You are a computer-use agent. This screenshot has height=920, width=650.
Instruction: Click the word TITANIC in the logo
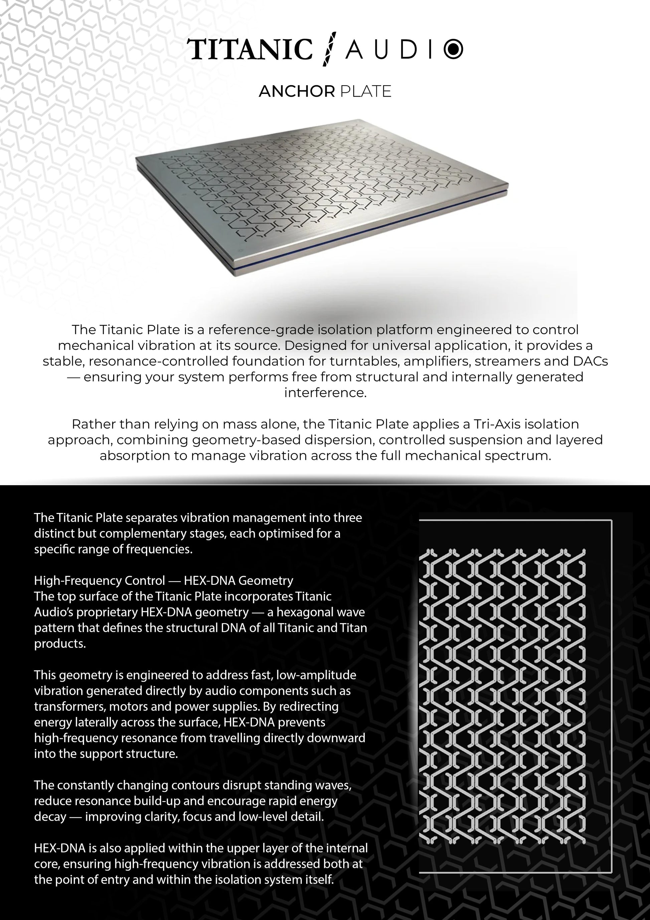[x=250, y=50]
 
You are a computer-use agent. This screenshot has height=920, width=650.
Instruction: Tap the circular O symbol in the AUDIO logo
[x=453, y=49]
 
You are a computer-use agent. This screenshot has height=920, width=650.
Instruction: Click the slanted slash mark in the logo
[x=329, y=49]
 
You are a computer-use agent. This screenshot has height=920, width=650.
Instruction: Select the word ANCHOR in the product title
[x=296, y=92]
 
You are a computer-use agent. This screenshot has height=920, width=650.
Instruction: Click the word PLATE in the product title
[x=365, y=92]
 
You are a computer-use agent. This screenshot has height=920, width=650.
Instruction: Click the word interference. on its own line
[x=325, y=393]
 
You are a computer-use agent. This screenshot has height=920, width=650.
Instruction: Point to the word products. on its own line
[x=60, y=644]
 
